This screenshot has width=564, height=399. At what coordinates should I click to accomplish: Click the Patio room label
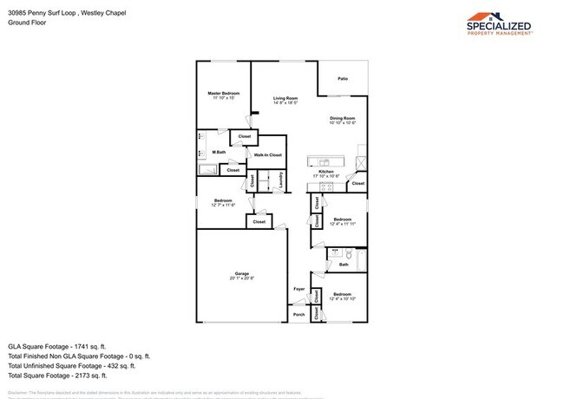[x=343, y=79]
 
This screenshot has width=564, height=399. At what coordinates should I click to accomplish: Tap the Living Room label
[x=285, y=100]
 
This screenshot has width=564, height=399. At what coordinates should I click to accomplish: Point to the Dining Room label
[x=343, y=119]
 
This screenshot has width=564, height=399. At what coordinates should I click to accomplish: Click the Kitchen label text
[x=325, y=173]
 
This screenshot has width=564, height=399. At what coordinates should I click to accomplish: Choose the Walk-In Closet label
[x=267, y=154]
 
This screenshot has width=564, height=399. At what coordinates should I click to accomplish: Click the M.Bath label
[x=220, y=153]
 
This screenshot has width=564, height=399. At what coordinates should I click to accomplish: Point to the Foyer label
[x=298, y=288]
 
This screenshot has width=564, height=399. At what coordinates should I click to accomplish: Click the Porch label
[x=298, y=315]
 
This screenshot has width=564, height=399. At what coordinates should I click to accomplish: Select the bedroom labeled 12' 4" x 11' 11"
[x=343, y=220]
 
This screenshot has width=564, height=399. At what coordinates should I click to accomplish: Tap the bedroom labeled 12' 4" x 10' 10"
[x=343, y=297]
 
